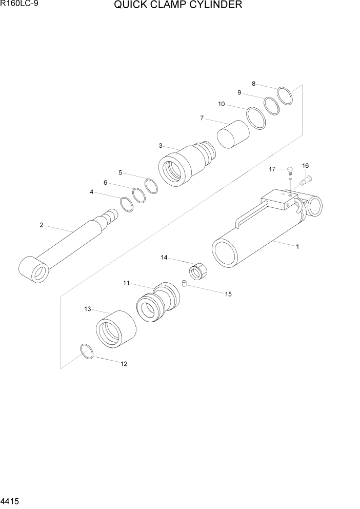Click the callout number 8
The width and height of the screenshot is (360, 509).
click(253, 84)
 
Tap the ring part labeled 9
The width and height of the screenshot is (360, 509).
click(272, 105)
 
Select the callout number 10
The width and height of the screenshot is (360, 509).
click(222, 104)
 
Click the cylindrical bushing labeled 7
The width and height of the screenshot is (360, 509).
click(233, 134)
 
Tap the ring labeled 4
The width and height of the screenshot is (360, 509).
click(127, 204)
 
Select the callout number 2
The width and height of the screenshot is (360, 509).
click(41, 225)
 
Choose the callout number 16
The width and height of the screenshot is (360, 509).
click(305, 166)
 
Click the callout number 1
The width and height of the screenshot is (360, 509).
click(297, 246)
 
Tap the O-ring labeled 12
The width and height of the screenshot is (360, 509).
click(87, 351)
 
